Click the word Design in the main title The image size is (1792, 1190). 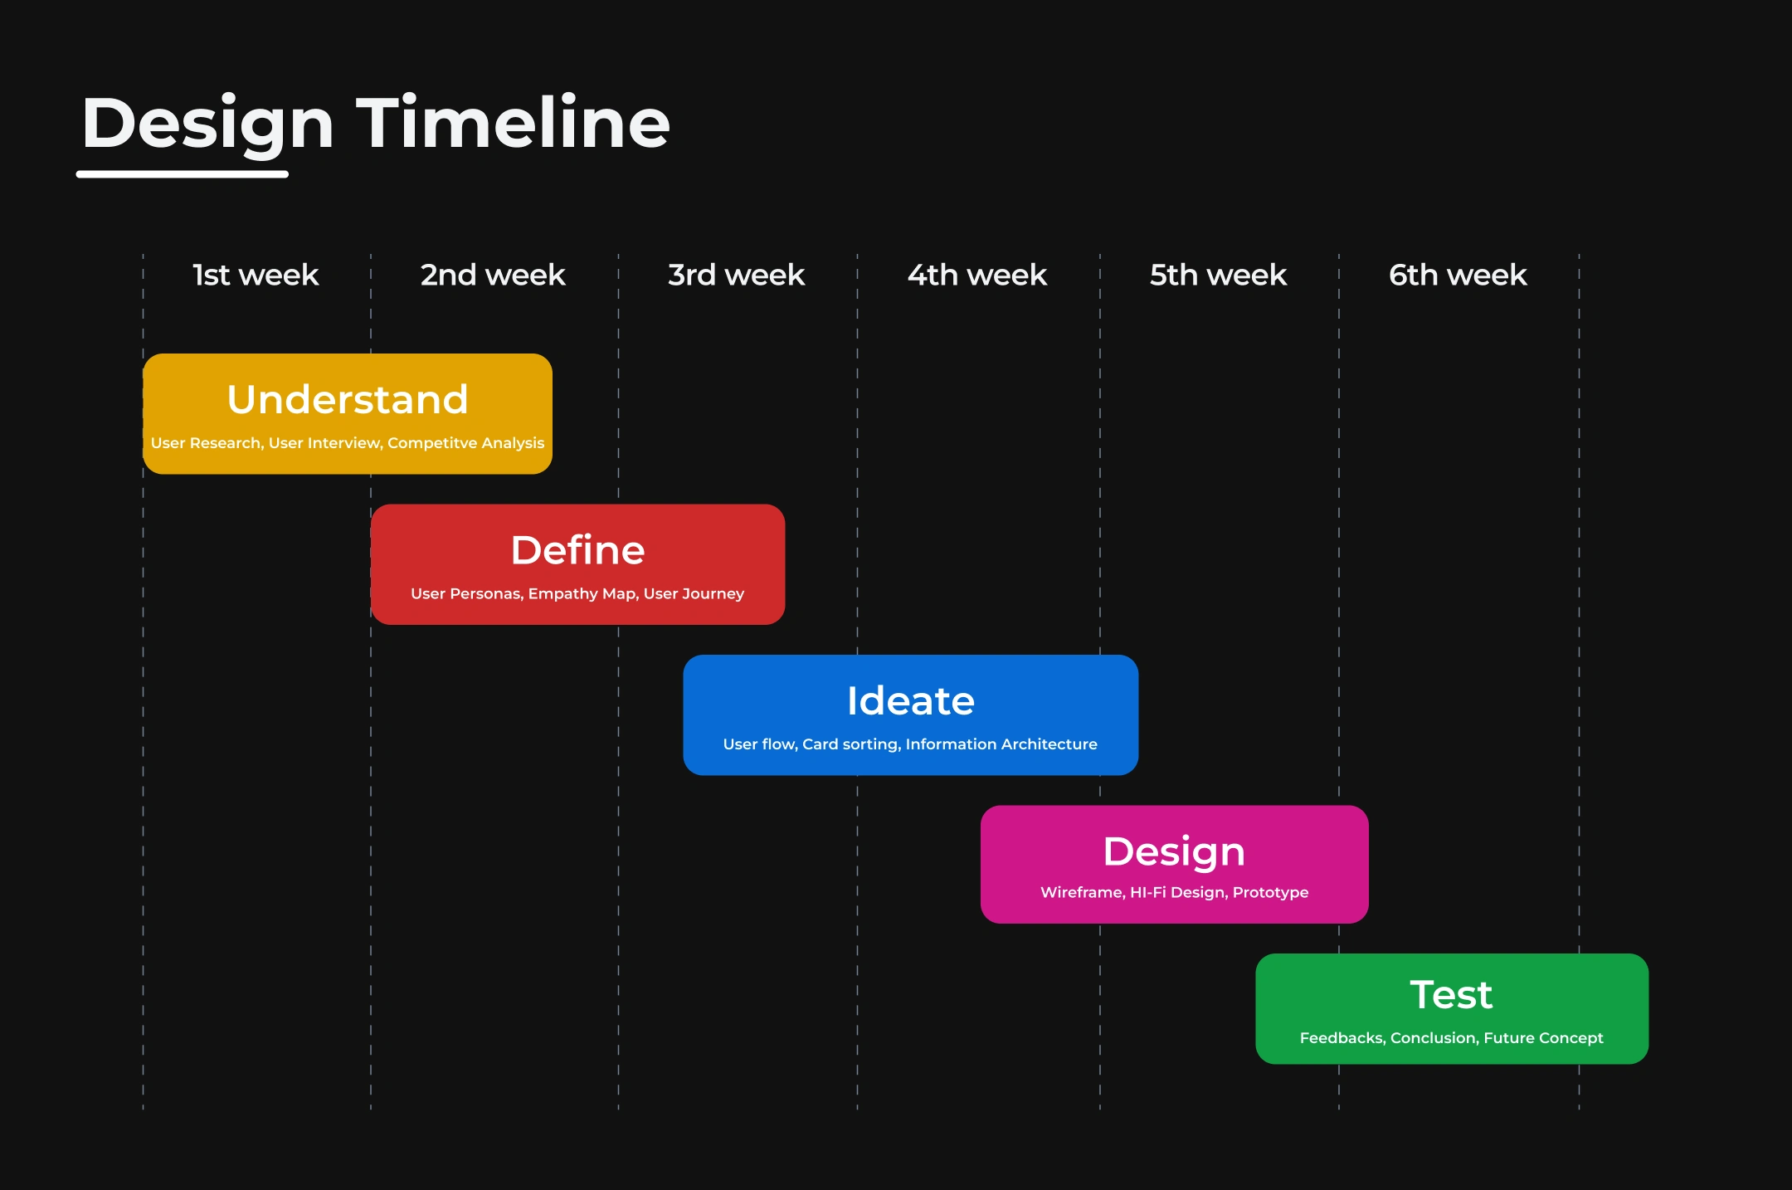pyautogui.click(x=207, y=124)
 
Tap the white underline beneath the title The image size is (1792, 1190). pyautogui.click(x=183, y=174)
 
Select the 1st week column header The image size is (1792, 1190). pyautogui.click(x=256, y=275)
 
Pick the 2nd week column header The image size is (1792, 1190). pyautogui.click(x=493, y=275)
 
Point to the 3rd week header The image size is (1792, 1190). pyautogui.click(x=737, y=275)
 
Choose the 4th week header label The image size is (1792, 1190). pyautogui.click(x=977, y=275)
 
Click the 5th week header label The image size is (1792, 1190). pyautogui.click(x=1218, y=275)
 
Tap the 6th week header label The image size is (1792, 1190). pyautogui.click(x=1458, y=275)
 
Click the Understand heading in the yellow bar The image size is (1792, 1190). pyautogui.click(x=348, y=399)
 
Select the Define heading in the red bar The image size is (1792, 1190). pyautogui.click(x=577, y=549)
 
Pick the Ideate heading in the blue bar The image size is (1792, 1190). pyautogui.click(x=911, y=700)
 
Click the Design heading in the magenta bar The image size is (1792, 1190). pyautogui.click(x=1174, y=852)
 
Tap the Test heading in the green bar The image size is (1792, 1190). pyautogui.click(x=1452, y=994)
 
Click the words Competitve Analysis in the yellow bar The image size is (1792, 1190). pyautogui.click(x=466, y=443)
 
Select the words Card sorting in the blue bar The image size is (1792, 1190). pyautogui.click(x=851, y=744)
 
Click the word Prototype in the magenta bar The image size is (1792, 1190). pyautogui.click(x=1271, y=893)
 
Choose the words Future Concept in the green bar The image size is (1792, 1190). pyautogui.click(x=1544, y=1038)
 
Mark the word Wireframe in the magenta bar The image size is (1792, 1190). pyautogui.click(x=1083, y=892)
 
